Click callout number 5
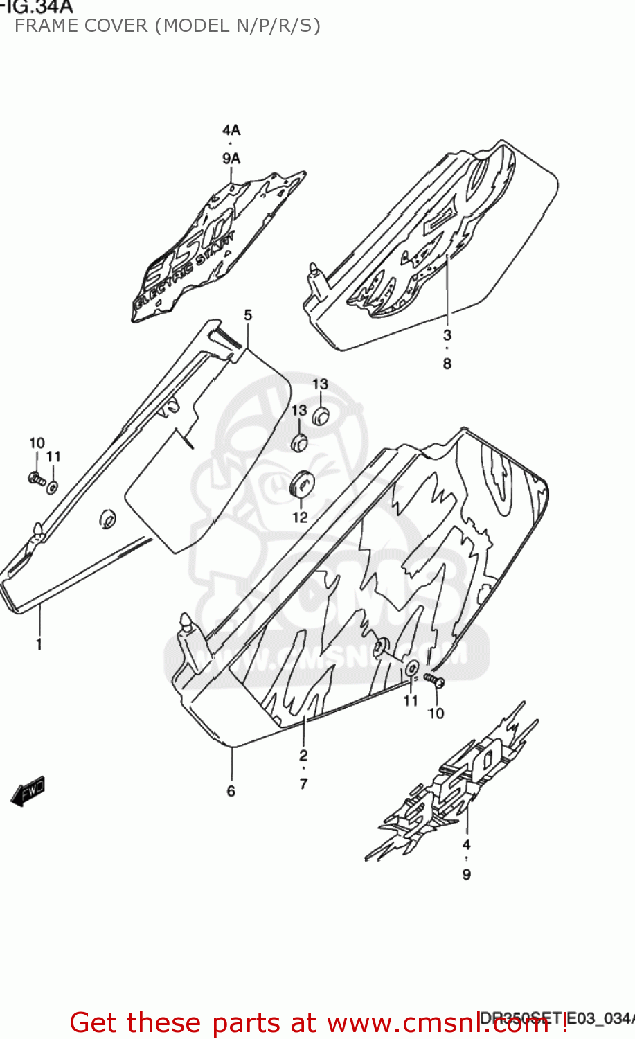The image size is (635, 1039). pos(248,315)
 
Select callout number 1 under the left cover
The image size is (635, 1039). pos(39,644)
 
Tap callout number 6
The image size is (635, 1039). pos(231,791)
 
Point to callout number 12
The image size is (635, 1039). pos(300,517)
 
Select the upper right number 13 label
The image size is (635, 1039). pos(320,384)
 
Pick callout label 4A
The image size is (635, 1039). pos(231,130)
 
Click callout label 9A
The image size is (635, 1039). pos(231,159)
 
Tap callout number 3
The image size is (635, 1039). pos(447,336)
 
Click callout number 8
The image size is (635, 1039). pos(447,364)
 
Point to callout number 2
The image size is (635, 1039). pos(303,756)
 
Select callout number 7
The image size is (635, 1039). pos(303,784)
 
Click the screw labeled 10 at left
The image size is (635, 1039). pos(35,478)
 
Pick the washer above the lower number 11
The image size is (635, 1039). pos(411,668)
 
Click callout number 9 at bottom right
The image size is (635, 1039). pos(467,874)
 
